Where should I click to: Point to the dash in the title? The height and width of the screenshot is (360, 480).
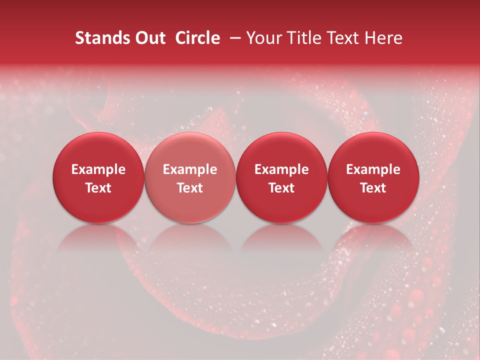(233, 38)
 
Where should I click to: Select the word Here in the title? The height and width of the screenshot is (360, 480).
(384, 38)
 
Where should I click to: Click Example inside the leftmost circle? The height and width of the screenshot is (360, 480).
(98, 169)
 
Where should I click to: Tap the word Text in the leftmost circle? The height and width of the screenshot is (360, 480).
(98, 188)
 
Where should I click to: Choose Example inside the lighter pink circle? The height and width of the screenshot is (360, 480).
(190, 169)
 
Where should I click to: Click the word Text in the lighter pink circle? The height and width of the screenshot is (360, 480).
(190, 188)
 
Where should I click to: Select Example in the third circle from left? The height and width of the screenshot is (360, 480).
(281, 169)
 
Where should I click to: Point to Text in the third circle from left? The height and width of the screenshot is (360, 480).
(281, 188)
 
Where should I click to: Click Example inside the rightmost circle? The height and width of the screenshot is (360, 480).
(373, 169)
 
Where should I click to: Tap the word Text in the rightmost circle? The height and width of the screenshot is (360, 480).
(373, 188)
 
